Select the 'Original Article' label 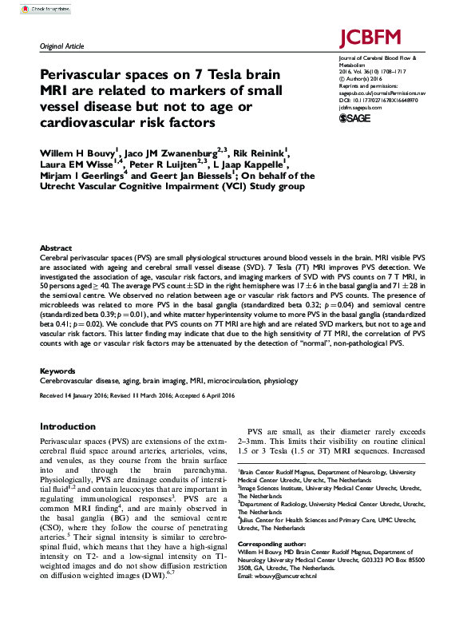point(63,47)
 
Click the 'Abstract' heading point(56,248)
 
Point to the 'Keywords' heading point(57,371)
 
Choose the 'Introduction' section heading point(68,426)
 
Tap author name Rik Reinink point(262,150)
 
